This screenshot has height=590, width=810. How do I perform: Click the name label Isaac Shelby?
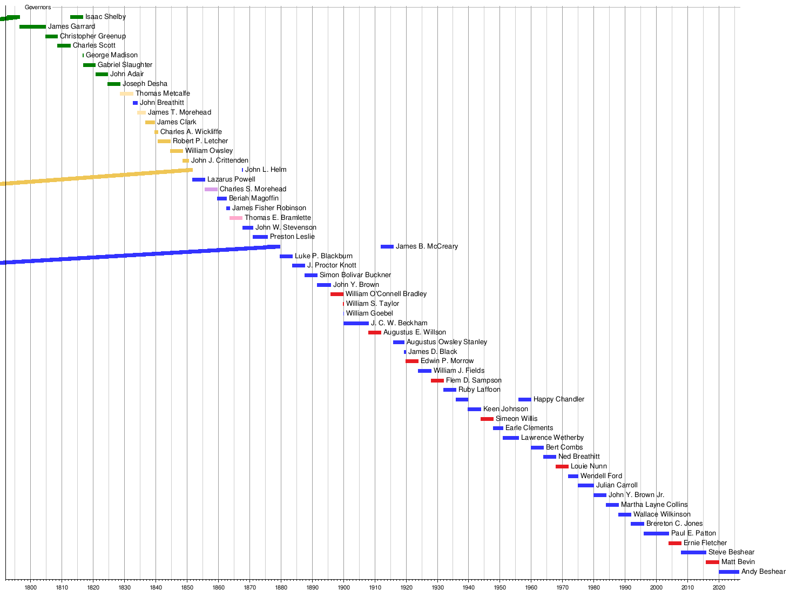(105, 17)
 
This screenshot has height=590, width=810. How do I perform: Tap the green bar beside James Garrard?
(32, 26)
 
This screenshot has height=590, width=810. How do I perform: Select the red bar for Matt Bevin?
(712, 562)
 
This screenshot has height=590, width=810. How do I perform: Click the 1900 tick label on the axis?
(343, 587)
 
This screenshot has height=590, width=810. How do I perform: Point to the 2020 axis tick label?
(719, 587)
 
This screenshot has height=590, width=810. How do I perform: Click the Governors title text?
(38, 8)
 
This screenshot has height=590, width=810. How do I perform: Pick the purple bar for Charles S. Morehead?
(211, 189)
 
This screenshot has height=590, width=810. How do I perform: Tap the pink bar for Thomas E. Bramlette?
(236, 218)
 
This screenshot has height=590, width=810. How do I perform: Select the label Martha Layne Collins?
(654, 505)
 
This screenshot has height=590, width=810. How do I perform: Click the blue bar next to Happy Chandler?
(525, 399)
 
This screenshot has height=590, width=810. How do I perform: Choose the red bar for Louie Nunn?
(562, 466)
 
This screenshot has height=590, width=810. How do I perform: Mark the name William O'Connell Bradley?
(386, 294)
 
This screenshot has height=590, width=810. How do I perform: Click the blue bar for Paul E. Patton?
(656, 533)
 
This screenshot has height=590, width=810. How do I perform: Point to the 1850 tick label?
(187, 587)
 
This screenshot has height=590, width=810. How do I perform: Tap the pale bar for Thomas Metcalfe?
(126, 93)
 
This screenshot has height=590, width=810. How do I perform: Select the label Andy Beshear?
(763, 572)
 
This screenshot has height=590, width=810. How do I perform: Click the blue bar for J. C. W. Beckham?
(356, 323)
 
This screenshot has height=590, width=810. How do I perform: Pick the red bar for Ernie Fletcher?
(675, 543)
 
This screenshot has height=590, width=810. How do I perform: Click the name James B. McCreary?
(427, 246)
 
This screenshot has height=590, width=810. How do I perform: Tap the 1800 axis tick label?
(30, 587)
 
